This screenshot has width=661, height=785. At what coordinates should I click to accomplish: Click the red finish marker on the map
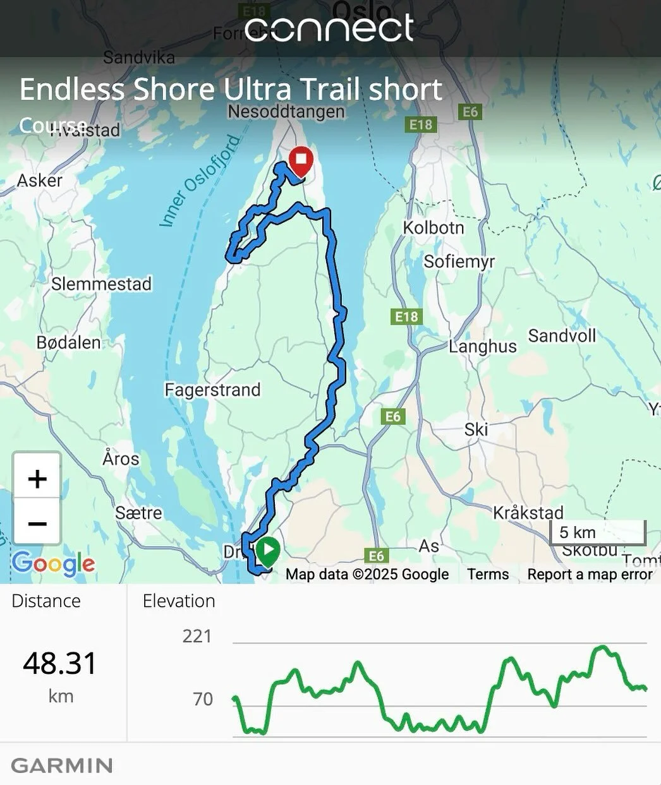[x=301, y=160]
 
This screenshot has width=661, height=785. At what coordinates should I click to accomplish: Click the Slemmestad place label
[x=101, y=284]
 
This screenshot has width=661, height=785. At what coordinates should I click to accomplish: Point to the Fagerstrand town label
[x=212, y=390]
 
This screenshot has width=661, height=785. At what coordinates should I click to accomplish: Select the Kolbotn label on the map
[x=434, y=227]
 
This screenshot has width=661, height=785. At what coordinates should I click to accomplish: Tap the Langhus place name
[x=483, y=346]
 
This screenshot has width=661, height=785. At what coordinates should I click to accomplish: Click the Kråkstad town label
[x=528, y=512]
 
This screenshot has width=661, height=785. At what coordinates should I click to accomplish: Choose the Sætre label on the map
[x=138, y=513]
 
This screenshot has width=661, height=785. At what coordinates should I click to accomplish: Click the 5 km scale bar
[x=598, y=533]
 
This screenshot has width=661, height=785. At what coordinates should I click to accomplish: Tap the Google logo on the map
[x=53, y=563]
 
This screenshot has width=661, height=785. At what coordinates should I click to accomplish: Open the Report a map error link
[x=589, y=574]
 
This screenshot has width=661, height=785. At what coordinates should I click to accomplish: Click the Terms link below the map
[x=488, y=574]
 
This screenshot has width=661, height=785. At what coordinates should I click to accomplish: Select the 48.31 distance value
[x=60, y=664]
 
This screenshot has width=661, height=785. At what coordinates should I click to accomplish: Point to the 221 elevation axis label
[x=197, y=636]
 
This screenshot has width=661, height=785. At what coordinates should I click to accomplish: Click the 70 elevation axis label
[x=203, y=699]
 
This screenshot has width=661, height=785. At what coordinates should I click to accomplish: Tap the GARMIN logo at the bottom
[x=62, y=766]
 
